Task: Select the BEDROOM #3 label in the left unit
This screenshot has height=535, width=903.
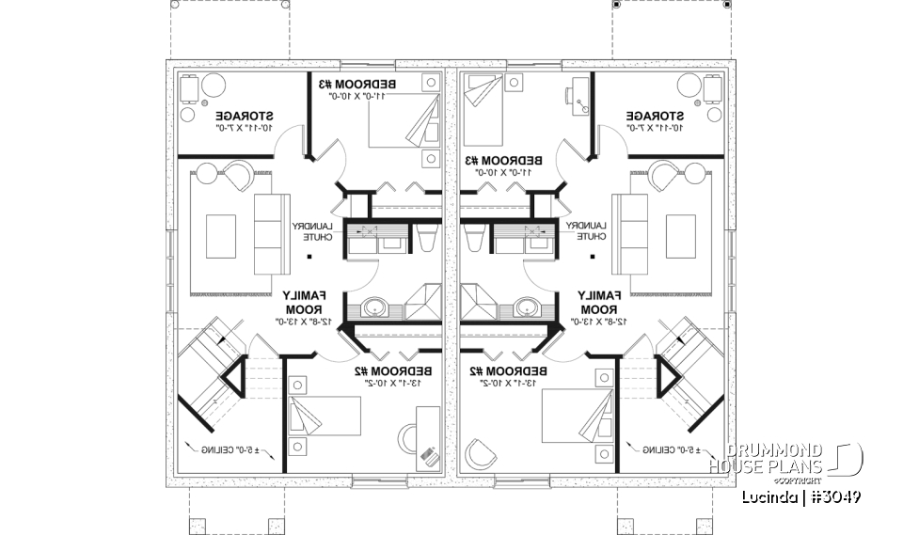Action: (363, 85)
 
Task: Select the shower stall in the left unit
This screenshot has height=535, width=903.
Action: (425, 304)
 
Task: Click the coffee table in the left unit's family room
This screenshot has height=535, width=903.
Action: (221, 235)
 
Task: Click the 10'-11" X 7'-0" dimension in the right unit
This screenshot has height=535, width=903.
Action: (657, 126)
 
